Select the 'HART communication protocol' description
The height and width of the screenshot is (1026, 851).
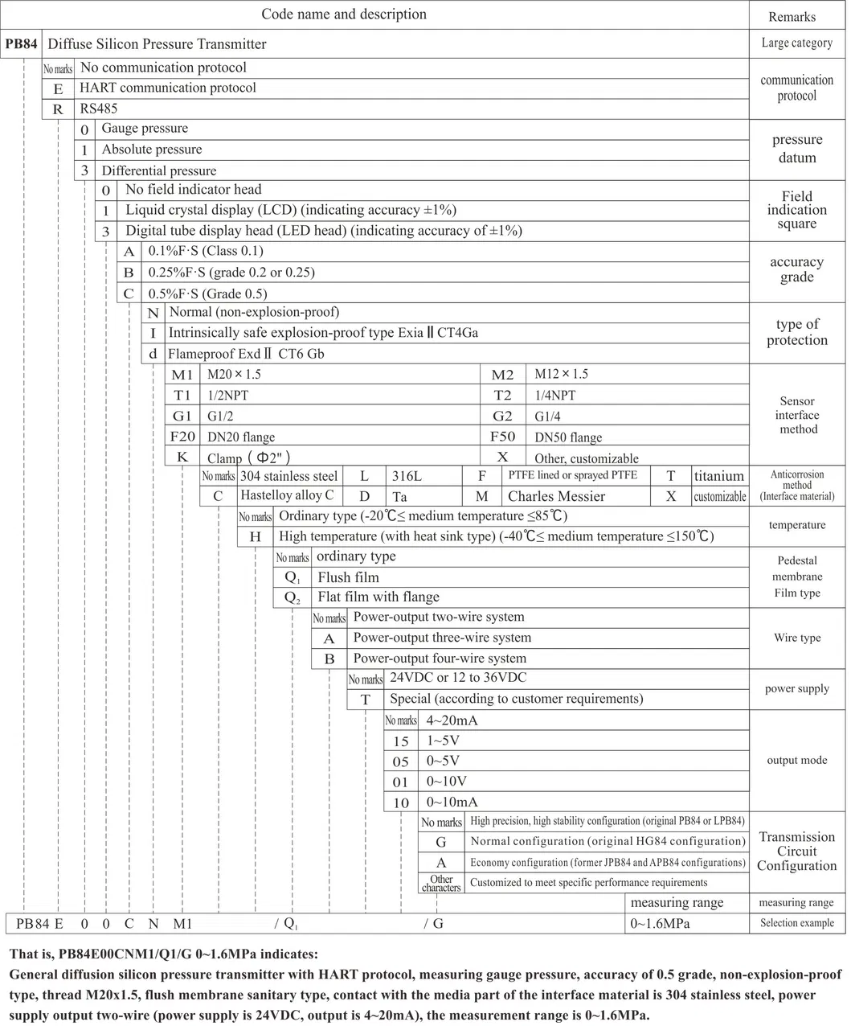click(x=168, y=88)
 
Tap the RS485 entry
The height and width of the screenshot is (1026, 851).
click(x=98, y=108)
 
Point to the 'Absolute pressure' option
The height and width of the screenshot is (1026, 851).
click(x=152, y=150)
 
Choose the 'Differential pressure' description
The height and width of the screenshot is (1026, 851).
click(x=159, y=170)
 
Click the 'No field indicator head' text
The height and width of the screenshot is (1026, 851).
click(x=194, y=190)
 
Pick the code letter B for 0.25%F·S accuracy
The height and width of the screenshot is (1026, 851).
click(x=129, y=273)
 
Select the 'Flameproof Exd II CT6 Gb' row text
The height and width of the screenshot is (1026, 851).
click(x=246, y=354)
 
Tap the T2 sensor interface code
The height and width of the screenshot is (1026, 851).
click(x=502, y=395)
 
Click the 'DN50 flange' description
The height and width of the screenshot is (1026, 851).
click(x=568, y=437)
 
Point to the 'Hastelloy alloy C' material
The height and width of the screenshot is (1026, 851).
click(x=287, y=496)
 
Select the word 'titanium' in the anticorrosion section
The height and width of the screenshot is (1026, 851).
click(x=719, y=476)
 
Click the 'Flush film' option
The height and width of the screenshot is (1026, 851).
click(x=348, y=577)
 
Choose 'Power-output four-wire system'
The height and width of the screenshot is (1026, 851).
click(x=440, y=659)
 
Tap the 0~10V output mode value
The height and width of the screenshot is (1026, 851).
click(x=446, y=782)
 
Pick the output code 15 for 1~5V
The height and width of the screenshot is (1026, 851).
click(x=401, y=741)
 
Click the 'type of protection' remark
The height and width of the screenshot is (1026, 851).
click(x=796, y=332)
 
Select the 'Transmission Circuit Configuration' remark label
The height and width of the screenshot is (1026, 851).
click(x=796, y=852)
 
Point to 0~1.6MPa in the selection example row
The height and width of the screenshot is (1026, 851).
click(x=660, y=924)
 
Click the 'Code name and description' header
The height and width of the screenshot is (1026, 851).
click(x=344, y=14)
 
